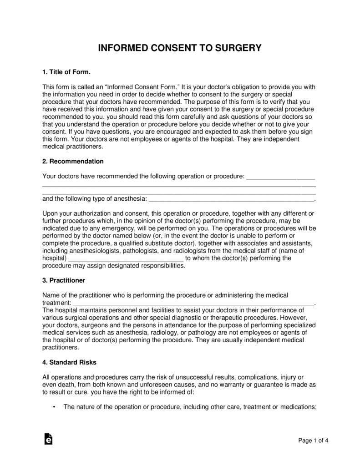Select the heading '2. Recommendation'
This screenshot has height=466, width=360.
click(73, 161)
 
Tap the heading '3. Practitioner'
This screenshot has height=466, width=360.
click(64, 280)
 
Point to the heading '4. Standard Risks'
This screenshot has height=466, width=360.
click(69, 362)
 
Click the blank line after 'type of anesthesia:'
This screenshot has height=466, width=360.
click(232, 199)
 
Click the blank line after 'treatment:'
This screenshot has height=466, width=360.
click(194, 302)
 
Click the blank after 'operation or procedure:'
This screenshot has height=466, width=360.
click(280, 176)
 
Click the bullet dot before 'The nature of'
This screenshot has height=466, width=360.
click(54, 407)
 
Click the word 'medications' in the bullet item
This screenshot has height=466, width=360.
click(296, 407)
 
